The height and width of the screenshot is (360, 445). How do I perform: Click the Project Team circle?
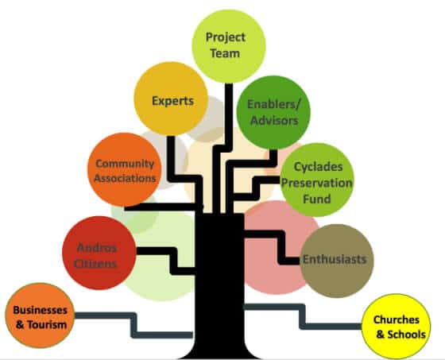[229, 46]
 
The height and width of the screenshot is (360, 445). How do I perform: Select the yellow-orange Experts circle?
[171, 99]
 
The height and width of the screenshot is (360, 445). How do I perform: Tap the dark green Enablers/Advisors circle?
[273, 112]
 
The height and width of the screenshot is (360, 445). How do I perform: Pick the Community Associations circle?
[124, 169]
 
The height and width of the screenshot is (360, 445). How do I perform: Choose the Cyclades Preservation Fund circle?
[317, 180]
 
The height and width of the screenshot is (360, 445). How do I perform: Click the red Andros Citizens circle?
[99, 253]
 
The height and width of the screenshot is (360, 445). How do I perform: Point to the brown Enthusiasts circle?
[337, 261]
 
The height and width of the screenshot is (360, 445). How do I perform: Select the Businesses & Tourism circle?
[40, 315]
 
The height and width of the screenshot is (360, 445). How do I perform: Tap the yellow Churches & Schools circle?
[397, 327]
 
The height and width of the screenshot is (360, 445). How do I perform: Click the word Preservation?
[317, 183]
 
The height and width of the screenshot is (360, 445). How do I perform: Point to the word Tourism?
[47, 324]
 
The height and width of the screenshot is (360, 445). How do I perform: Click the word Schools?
[407, 335]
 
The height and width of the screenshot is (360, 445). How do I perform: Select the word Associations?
[125, 178]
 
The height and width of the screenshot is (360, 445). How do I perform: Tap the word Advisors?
[274, 120]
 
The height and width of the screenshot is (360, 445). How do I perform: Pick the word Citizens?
[95, 264]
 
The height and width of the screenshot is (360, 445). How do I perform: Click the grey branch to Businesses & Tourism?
[133, 325]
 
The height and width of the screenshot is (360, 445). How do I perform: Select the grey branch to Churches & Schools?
[303, 316]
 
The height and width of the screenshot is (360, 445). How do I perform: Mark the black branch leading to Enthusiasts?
[281, 248]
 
